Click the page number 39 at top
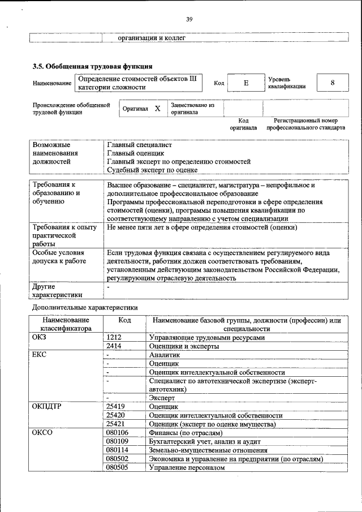(189, 20)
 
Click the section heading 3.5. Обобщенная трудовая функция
(92, 66)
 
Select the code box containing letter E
(246, 83)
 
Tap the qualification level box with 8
(332, 83)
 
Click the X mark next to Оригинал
(157, 108)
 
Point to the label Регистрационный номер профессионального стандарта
(305, 124)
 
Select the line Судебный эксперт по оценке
(152, 169)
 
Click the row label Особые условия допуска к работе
(59, 257)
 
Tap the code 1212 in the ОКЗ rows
(114, 337)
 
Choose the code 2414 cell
(114, 346)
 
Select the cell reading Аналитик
(164, 355)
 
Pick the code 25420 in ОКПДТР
(115, 415)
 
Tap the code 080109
(117, 441)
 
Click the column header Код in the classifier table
(124, 320)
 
